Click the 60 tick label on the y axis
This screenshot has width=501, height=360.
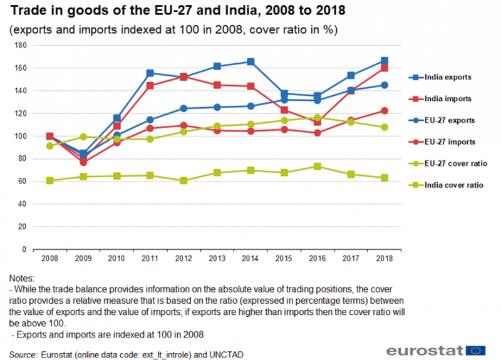(21, 182)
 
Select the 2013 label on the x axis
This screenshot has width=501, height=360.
(217, 258)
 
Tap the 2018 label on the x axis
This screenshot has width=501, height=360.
(385, 258)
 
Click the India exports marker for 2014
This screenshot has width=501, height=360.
(250, 61)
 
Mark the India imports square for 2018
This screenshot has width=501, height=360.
(385, 68)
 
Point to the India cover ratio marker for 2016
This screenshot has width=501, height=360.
(318, 167)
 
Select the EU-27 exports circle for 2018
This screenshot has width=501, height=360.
(385, 85)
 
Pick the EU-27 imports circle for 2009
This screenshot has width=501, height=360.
(83, 162)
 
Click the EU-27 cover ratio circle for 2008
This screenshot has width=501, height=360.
(50, 146)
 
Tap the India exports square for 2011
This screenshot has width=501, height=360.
(150, 73)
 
